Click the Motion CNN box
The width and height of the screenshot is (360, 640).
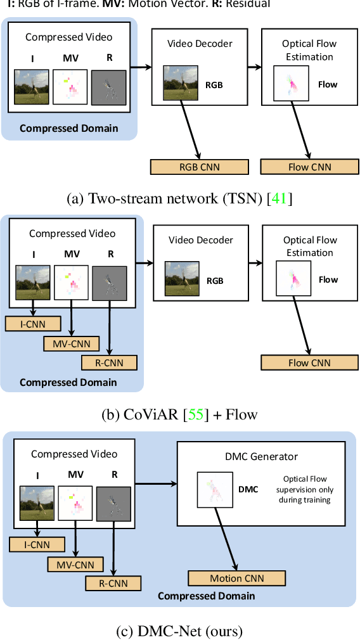pos(236,578)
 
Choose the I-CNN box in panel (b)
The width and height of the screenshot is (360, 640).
pos(33,324)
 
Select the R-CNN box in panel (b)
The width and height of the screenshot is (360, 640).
pos(111,362)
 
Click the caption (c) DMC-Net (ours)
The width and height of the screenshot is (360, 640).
pos(180,630)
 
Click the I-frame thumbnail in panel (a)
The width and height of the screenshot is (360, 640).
pos(31,87)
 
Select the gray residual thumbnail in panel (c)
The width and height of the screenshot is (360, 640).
pos(113,504)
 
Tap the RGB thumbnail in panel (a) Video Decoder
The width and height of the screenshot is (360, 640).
pos(181,84)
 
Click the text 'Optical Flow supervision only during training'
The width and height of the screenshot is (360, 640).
pos(307,490)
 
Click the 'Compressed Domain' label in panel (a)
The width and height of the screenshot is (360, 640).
pos(68,128)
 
